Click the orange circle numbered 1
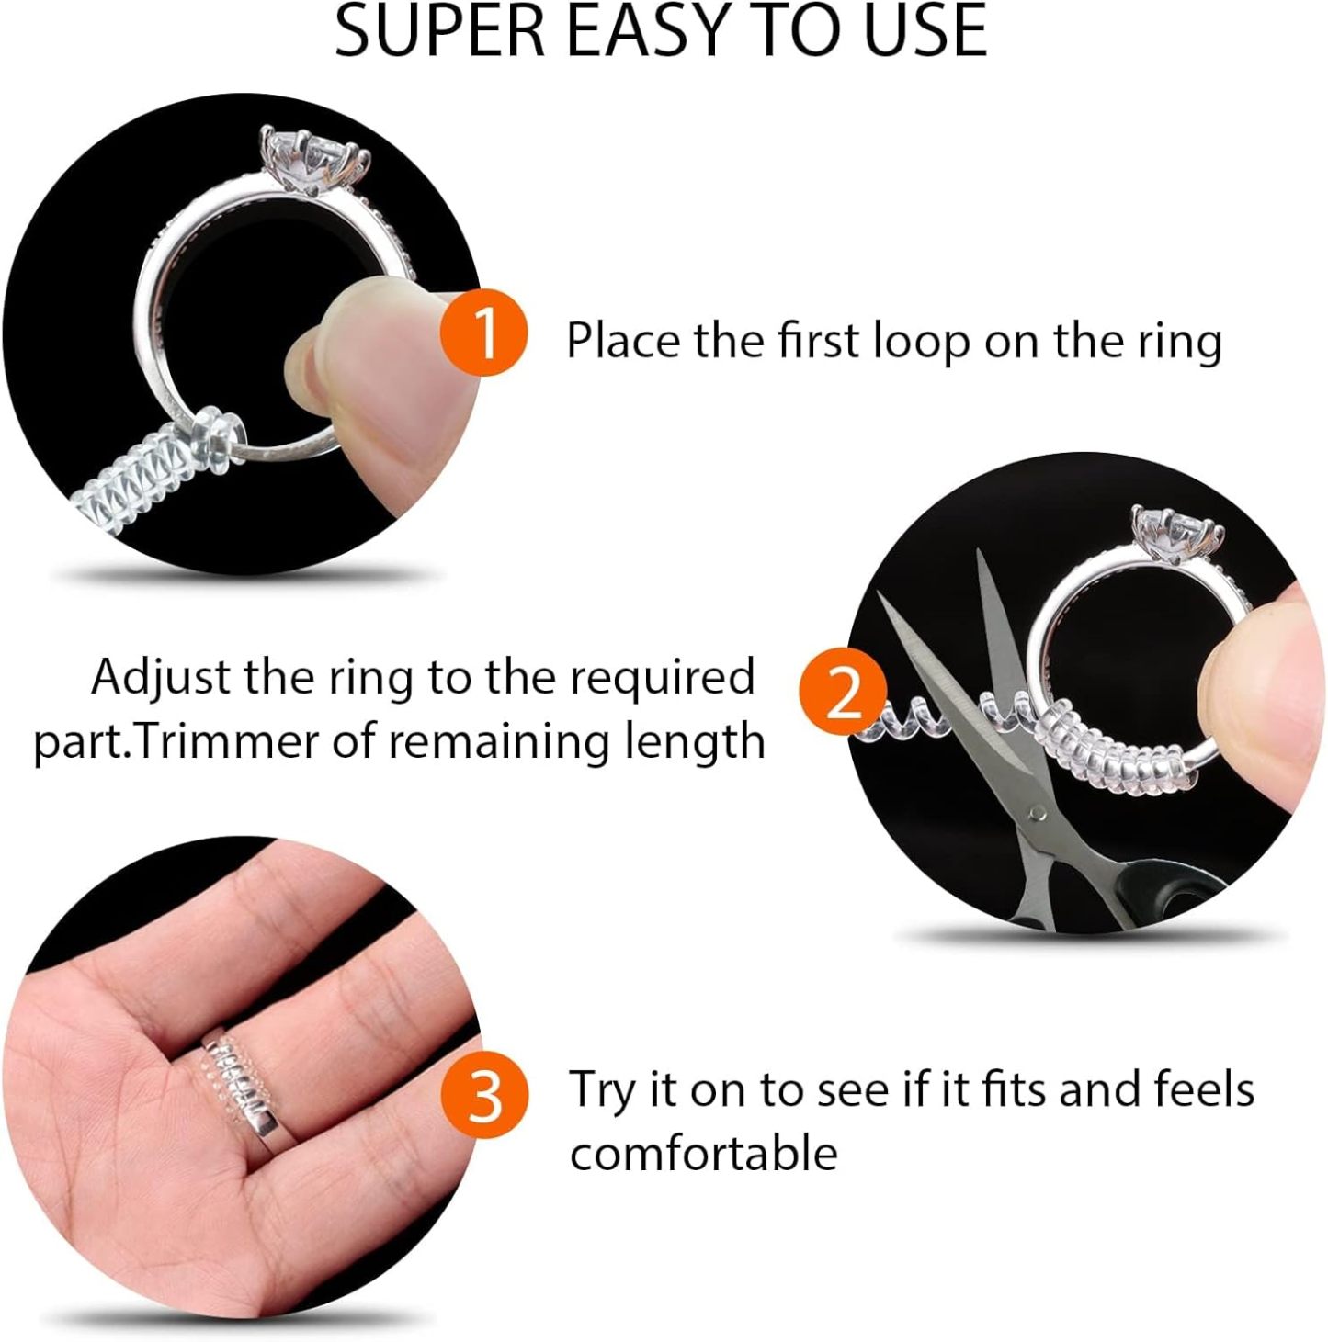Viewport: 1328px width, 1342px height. (x=483, y=333)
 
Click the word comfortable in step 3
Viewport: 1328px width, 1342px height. (x=703, y=1153)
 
